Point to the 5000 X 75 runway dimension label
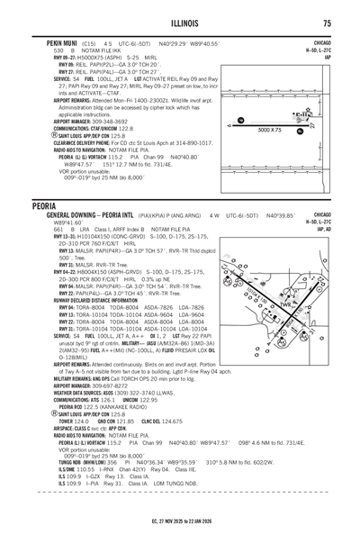pos(270,130)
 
